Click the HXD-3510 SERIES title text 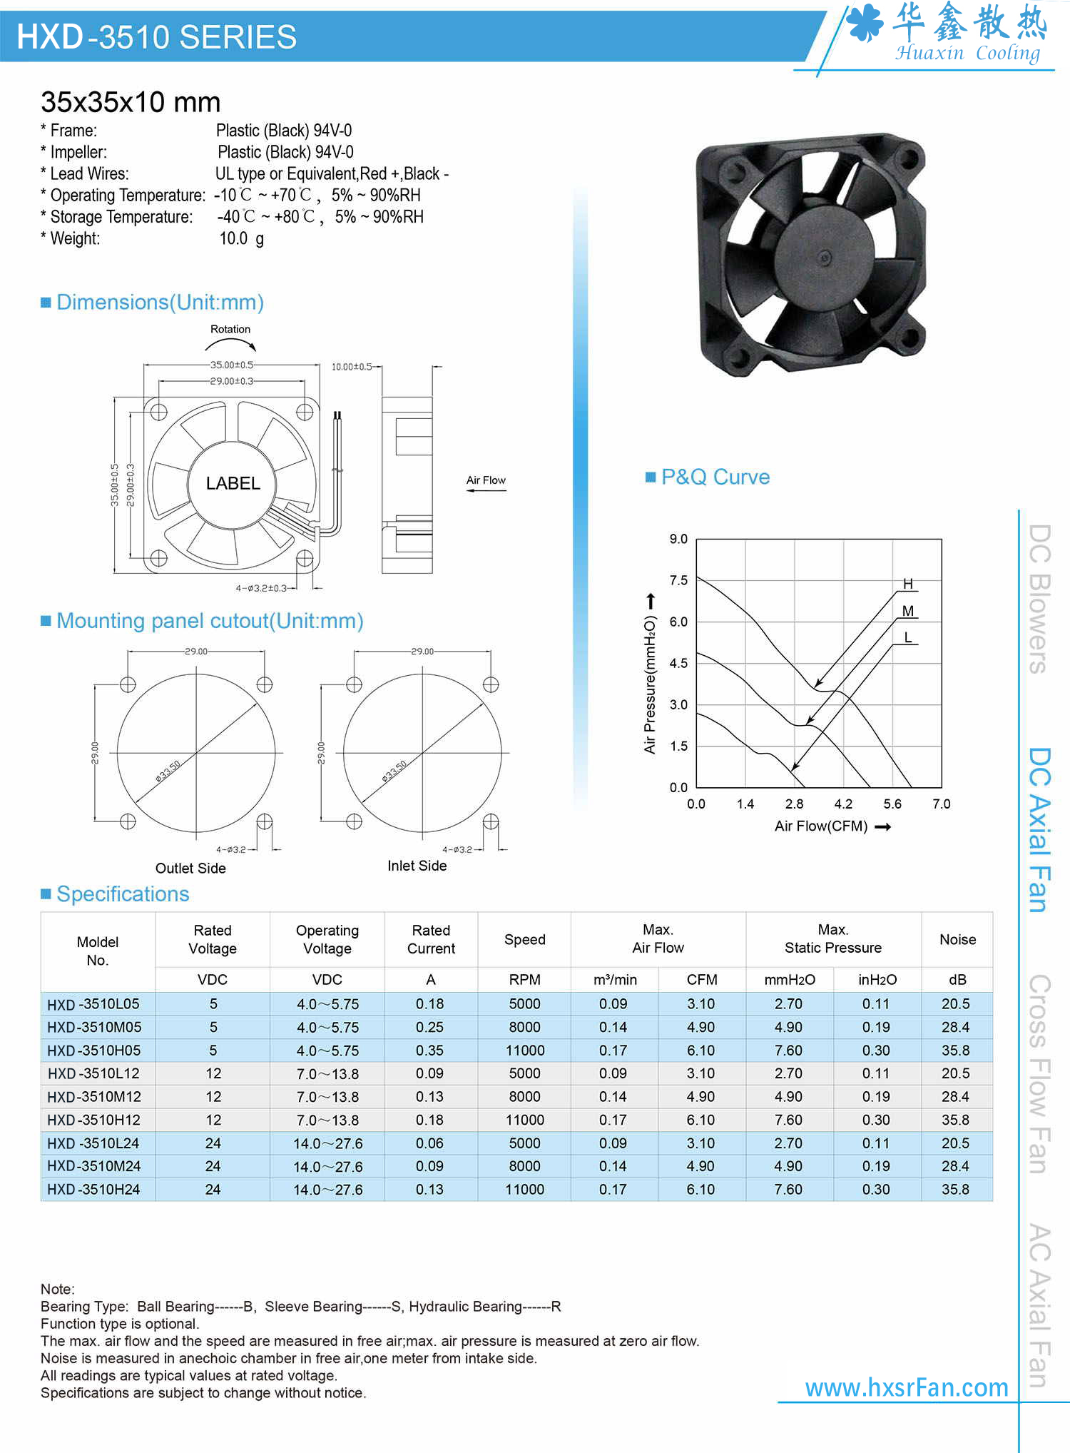[x=156, y=37]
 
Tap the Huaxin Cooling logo [x=949, y=33]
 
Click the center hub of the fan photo [x=825, y=257]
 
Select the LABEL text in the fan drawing [x=233, y=483]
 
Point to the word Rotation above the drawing [x=230, y=329]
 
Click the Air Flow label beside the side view [x=486, y=480]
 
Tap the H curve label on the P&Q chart [x=908, y=584]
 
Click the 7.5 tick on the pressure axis [x=678, y=580]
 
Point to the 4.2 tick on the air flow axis [x=843, y=804]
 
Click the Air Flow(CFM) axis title [x=821, y=826]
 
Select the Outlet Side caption [x=190, y=868]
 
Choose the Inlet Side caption [x=417, y=866]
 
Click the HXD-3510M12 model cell [x=94, y=1096]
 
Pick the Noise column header [x=957, y=939]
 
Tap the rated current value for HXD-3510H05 [x=430, y=1050]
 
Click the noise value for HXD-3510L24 [x=955, y=1143]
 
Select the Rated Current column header [x=431, y=939]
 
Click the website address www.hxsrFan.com [x=907, y=1387]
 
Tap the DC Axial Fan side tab [x=1039, y=829]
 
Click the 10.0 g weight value [x=241, y=238]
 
